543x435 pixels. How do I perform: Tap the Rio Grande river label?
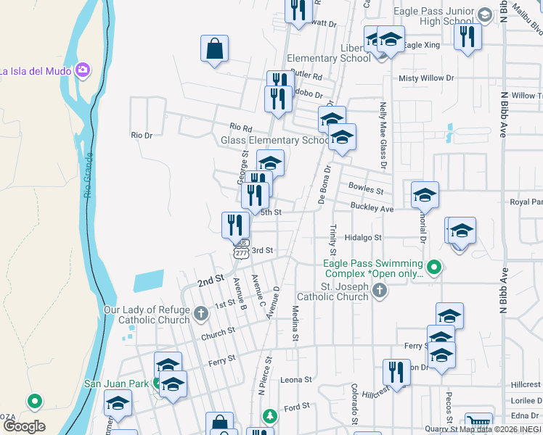tap(89, 176)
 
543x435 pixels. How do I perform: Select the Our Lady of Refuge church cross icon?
tap(201, 314)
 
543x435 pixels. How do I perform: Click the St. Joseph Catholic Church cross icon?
tap(379, 291)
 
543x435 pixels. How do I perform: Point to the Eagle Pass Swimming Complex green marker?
tap(434, 268)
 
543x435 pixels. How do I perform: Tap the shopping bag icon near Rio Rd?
tap(215, 49)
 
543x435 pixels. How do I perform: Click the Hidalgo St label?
tap(363, 237)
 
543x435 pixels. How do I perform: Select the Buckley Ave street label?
tap(372, 208)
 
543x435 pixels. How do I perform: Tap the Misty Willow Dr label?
tap(425, 78)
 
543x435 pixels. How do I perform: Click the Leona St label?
tap(295, 379)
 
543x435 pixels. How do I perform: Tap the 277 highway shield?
tap(241, 252)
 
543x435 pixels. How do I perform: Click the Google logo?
tap(23, 426)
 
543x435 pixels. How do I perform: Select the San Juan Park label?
tap(116, 384)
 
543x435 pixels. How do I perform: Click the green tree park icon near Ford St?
tap(269, 416)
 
